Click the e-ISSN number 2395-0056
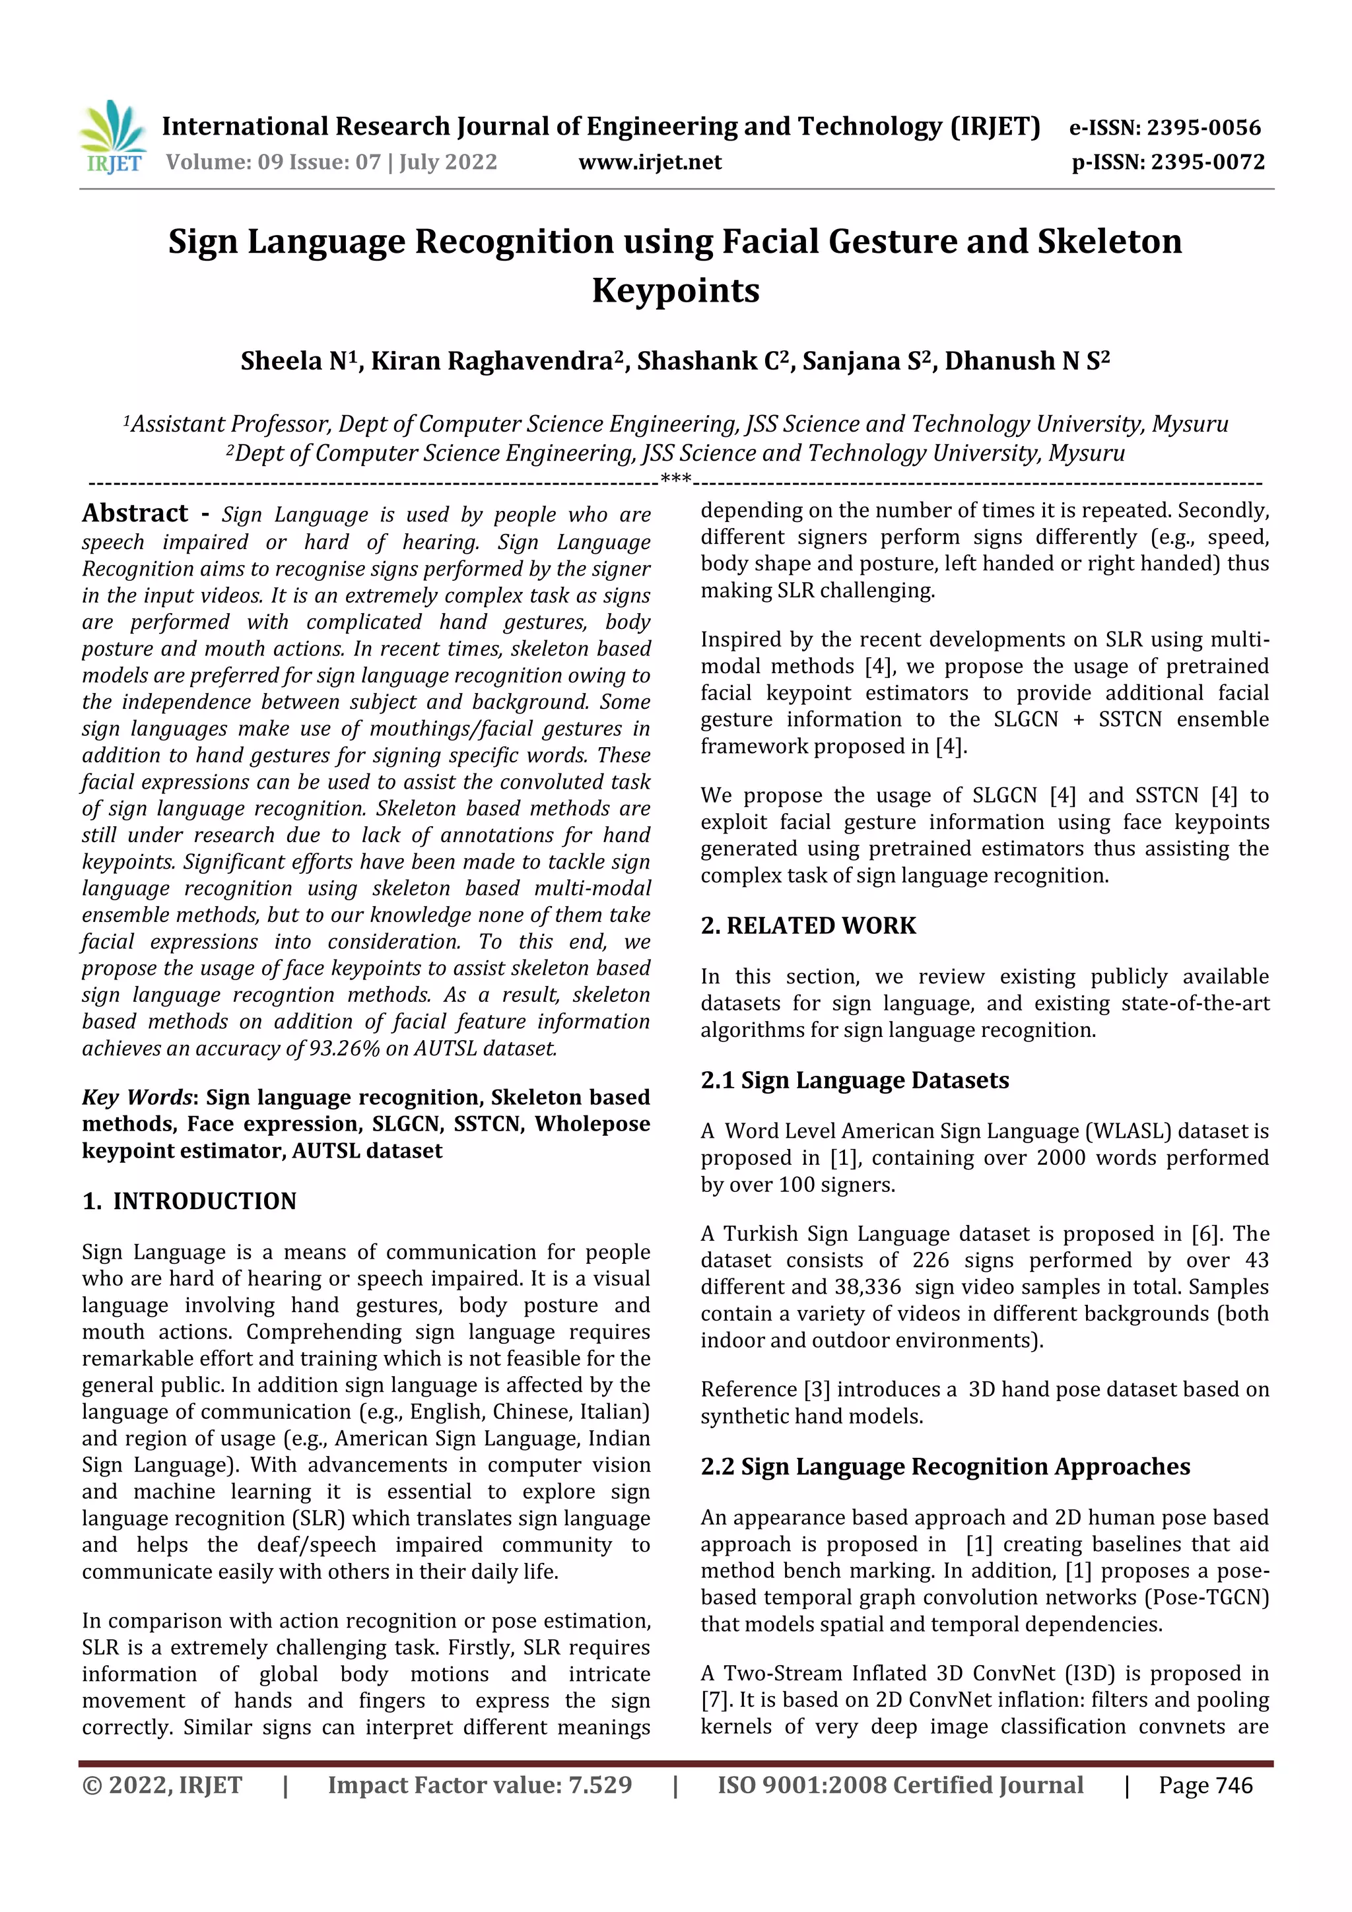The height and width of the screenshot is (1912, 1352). (x=1203, y=127)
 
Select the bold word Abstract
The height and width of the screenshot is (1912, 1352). (x=135, y=513)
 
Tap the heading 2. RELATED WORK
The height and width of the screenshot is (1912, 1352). (x=807, y=925)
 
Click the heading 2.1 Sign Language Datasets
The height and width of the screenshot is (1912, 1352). (x=854, y=1080)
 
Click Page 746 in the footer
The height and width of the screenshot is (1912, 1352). (x=1205, y=1785)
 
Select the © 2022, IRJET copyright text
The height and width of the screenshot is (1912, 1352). (x=162, y=1785)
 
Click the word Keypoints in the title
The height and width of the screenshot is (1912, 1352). (x=675, y=290)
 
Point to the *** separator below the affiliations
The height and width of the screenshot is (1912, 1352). (x=675, y=479)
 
